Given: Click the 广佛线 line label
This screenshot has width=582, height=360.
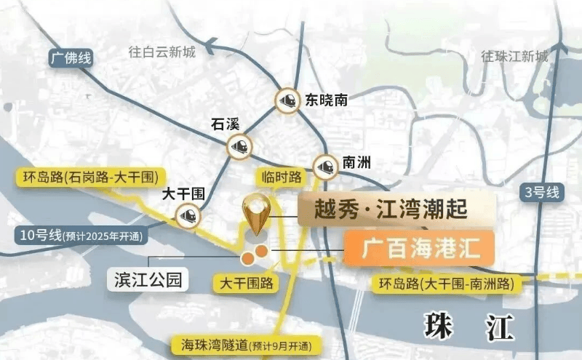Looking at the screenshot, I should [x=71, y=58].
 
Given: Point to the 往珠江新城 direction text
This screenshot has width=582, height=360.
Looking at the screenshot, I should [x=514, y=56].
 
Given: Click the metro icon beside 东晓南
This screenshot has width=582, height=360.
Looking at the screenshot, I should [x=287, y=100].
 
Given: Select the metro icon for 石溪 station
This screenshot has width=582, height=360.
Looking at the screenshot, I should [x=239, y=145].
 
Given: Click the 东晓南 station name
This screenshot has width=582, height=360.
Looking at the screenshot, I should [x=326, y=100].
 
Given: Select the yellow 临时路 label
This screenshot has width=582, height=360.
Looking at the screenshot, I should [x=282, y=176].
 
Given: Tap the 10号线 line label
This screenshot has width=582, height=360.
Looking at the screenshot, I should [x=81, y=235].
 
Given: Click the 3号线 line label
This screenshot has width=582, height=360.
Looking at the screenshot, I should [x=542, y=193].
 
